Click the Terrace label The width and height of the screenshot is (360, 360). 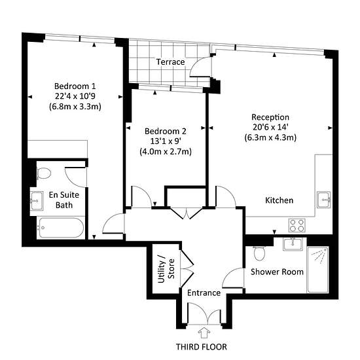coord(170,62)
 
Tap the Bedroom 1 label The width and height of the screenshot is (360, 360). coord(75,86)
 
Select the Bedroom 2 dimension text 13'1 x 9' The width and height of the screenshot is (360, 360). coord(166,141)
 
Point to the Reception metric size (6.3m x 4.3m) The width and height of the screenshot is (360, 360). coord(270,137)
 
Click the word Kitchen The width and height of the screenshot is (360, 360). coord(279,200)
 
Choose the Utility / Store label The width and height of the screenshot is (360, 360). coord(166,269)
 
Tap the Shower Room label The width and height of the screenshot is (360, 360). coord(277,272)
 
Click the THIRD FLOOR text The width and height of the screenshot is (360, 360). coord(202,347)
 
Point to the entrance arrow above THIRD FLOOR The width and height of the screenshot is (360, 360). coord(204,333)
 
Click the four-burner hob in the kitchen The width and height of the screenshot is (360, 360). coord(297,225)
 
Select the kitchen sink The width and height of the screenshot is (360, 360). coord(324,200)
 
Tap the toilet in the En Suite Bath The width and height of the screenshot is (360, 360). coord(43,173)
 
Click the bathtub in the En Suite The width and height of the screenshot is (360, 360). coord(61,228)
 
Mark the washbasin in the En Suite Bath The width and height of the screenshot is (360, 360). coord(36,201)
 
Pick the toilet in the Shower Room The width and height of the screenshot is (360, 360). coord(259,254)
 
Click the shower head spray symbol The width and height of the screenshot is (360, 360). coord(319,254)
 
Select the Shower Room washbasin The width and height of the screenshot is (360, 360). coord(293,244)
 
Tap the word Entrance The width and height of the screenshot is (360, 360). coord(204,293)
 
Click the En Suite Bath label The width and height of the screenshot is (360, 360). coord(64,200)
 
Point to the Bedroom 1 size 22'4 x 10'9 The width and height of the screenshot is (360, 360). coord(75,96)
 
